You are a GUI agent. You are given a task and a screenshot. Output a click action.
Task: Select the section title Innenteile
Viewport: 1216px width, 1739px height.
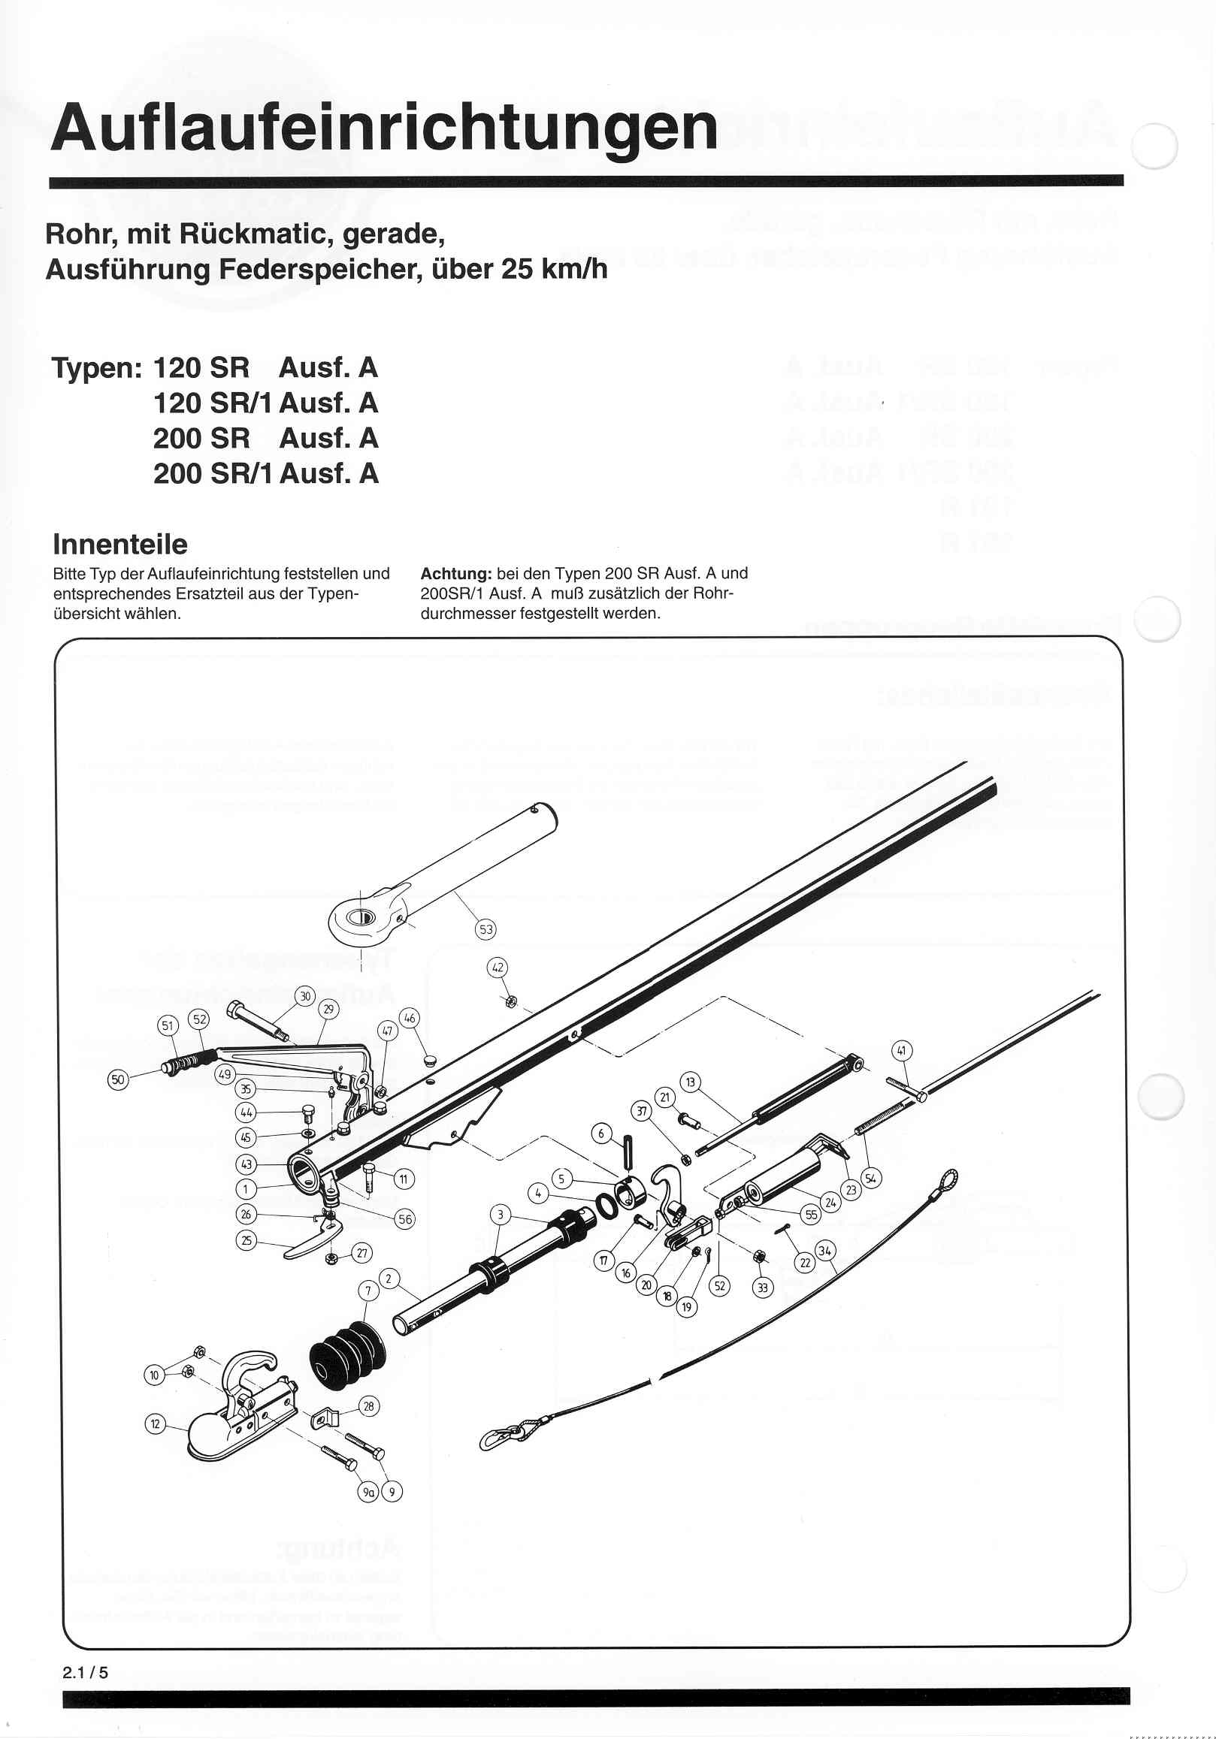pyautogui.click(x=119, y=544)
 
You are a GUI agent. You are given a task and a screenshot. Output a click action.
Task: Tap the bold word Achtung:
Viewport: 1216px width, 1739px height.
pyautogui.click(x=456, y=573)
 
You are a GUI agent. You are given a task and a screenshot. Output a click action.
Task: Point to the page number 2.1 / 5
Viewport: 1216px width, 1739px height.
pyautogui.click(x=85, y=1672)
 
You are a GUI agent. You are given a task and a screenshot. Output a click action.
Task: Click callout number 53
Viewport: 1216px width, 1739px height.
pyautogui.click(x=485, y=929)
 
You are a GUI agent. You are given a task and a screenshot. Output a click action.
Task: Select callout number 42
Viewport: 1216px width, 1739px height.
pyautogui.click(x=498, y=968)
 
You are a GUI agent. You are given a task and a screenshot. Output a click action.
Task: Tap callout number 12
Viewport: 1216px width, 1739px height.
pyautogui.click(x=156, y=1424)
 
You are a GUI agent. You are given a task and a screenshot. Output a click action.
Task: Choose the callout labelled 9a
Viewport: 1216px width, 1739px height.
pyautogui.click(x=368, y=1491)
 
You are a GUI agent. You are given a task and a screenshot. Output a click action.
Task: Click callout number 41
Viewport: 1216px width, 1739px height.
pyautogui.click(x=902, y=1050)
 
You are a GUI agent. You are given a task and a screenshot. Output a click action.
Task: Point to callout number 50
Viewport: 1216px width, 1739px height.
pyautogui.click(x=118, y=1079)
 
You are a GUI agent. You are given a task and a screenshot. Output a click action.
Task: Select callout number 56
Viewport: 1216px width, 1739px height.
pyautogui.click(x=405, y=1218)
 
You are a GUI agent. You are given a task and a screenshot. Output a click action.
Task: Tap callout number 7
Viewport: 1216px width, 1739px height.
pyautogui.click(x=368, y=1291)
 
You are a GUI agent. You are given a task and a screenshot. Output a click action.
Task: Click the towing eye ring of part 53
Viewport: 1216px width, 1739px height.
pyautogui.click(x=361, y=918)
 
